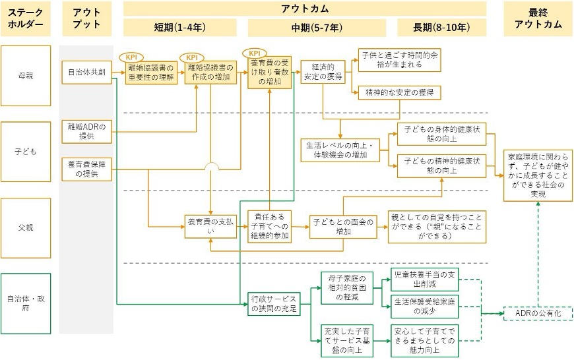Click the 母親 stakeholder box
click(26, 75)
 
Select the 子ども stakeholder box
click(26, 151)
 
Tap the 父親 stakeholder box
click(26, 227)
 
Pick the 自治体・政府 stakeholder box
click(26, 303)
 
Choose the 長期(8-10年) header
click(441, 28)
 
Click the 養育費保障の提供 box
click(86, 169)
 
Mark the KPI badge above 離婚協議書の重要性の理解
click(134, 57)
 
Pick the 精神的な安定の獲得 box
click(399, 93)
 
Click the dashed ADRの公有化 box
click(538, 315)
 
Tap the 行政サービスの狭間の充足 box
click(273, 303)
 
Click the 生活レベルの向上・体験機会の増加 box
click(341, 150)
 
